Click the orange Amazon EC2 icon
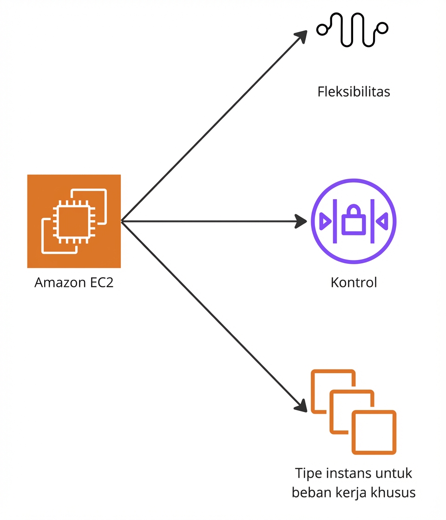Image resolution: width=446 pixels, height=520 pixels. (x=74, y=221)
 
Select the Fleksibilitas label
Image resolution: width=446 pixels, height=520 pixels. (x=354, y=91)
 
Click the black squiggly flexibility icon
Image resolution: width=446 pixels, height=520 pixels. (x=352, y=29)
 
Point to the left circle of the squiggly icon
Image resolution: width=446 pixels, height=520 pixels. (x=322, y=30)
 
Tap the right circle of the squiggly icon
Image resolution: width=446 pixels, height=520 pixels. (x=382, y=28)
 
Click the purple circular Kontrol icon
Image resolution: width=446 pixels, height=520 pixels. (x=354, y=221)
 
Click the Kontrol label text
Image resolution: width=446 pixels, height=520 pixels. (x=354, y=282)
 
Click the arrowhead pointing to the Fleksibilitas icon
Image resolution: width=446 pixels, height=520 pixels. (x=302, y=37)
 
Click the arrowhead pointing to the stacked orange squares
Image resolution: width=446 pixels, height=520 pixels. (x=301, y=406)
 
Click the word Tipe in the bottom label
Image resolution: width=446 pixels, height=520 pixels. (x=308, y=474)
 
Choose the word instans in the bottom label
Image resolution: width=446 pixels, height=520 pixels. (x=348, y=474)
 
